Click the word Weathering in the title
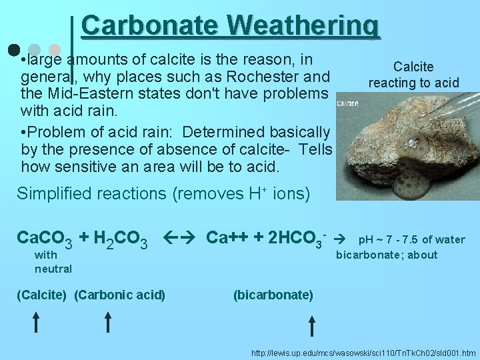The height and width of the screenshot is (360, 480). (303, 25)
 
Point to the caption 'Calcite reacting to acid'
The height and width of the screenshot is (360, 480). (413, 75)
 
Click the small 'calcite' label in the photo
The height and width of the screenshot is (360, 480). (348, 103)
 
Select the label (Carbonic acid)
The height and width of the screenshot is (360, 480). (120, 295)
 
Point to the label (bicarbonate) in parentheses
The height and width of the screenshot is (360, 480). (273, 295)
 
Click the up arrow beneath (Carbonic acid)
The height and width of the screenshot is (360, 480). (109, 323)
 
